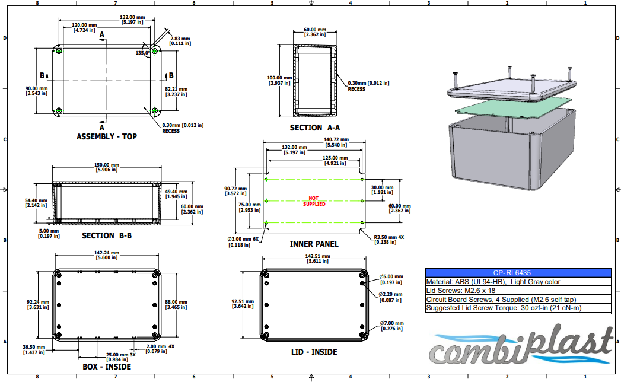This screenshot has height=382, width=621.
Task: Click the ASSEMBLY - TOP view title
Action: (x=106, y=137)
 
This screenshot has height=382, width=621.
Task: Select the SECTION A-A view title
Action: (x=314, y=128)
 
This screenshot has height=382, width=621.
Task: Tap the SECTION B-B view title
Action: (x=106, y=236)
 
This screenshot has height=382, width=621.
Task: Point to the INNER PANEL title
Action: (x=314, y=244)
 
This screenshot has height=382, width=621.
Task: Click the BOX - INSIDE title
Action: (x=106, y=367)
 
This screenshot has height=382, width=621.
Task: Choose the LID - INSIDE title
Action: (x=314, y=352)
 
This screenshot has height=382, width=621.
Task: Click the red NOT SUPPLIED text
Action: (x=314, y=201)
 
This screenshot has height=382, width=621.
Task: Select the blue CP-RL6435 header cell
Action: (x=518, y=273)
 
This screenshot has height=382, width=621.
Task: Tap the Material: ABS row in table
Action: (x=492, y=282)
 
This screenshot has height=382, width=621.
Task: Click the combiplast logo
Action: (x=522, y=347)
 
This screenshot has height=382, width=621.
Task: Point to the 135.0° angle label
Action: (x=143, y=53)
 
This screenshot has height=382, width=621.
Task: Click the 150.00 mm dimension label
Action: (x=107, y=168)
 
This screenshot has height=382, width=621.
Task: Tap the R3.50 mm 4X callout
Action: (x=388, y=240)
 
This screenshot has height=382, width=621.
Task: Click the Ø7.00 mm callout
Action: (x=391, y=323)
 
